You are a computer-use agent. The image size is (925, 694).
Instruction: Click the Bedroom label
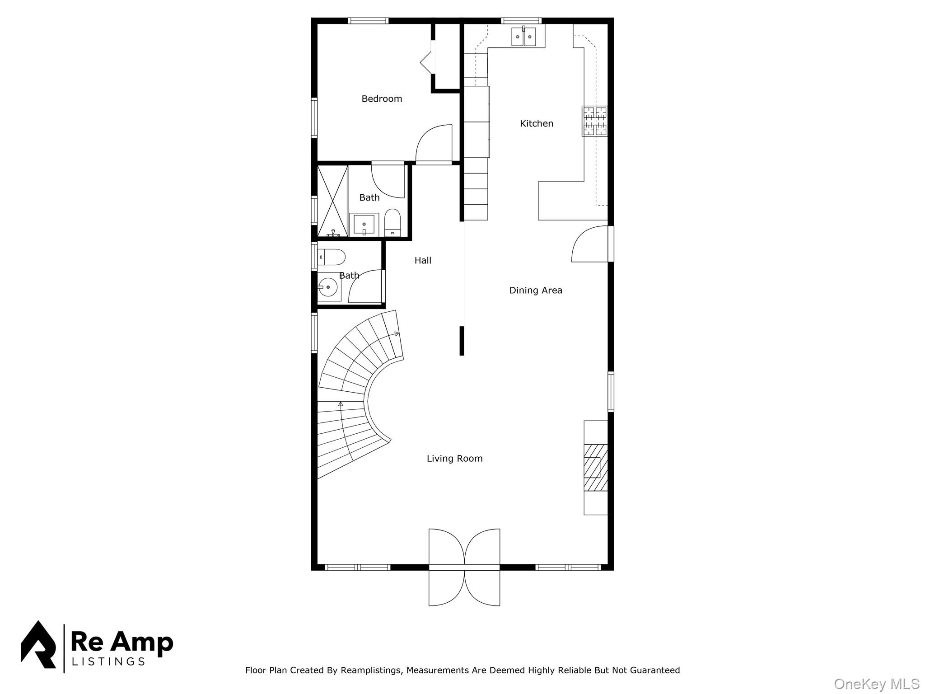pyautogui.click(x=382, y=99)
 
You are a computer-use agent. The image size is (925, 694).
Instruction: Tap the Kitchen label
pyautogui.click(x=536, y=124)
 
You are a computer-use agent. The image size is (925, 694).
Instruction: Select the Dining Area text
pyautogui.click(x=535, y=291)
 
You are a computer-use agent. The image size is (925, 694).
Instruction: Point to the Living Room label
pyautogui.click(x=454, y=459)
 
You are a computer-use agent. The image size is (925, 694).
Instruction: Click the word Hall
pyautogui.click(x=423, y=261)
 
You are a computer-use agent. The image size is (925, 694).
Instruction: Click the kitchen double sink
pyautogui.click(x=523, y=37)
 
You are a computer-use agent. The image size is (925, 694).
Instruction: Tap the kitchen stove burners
pyautogui.click(x=594, y=121)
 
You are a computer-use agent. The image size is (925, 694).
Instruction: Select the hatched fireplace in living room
pyautogui.click(x=595, y=468)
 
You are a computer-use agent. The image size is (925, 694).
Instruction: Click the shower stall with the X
pyautogui.click(x=332, y=201)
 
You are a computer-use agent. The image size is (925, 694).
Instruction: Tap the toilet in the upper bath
pyautogui.click(x=392, y=223)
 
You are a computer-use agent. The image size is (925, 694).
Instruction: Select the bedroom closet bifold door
pyautogui.click(x=427, y=62)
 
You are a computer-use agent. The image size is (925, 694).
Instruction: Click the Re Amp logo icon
pyautogui.click(x=38, y=645)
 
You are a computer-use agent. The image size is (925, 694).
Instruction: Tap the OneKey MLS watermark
pyautogui.click(x=876, y=684)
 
